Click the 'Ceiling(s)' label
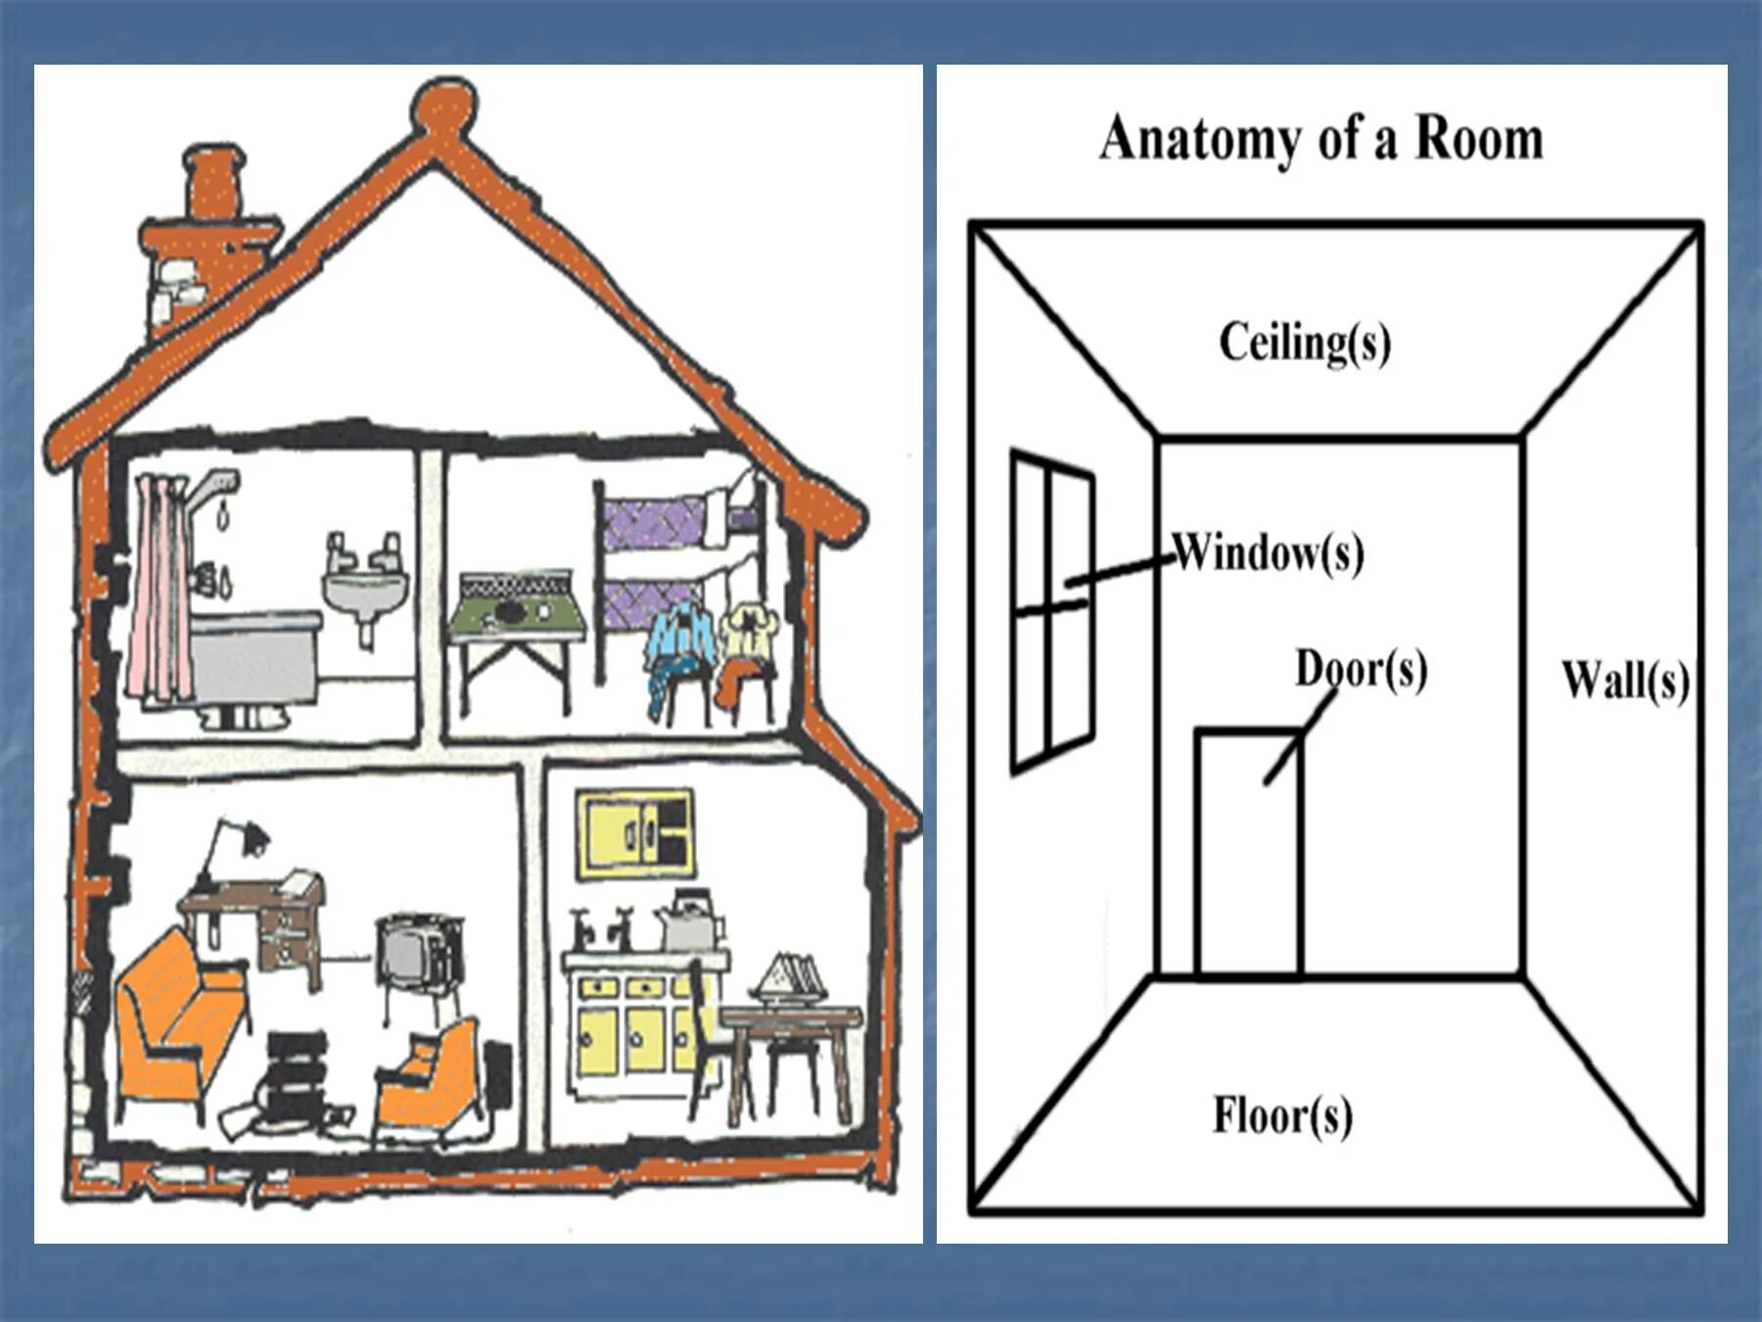[1304, 343]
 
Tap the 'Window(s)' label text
[1269, 553]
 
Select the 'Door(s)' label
[1361, 670]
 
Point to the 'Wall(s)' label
[1625, 680]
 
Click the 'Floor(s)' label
[1282, 1115]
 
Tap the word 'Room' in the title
[1479, 138]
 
